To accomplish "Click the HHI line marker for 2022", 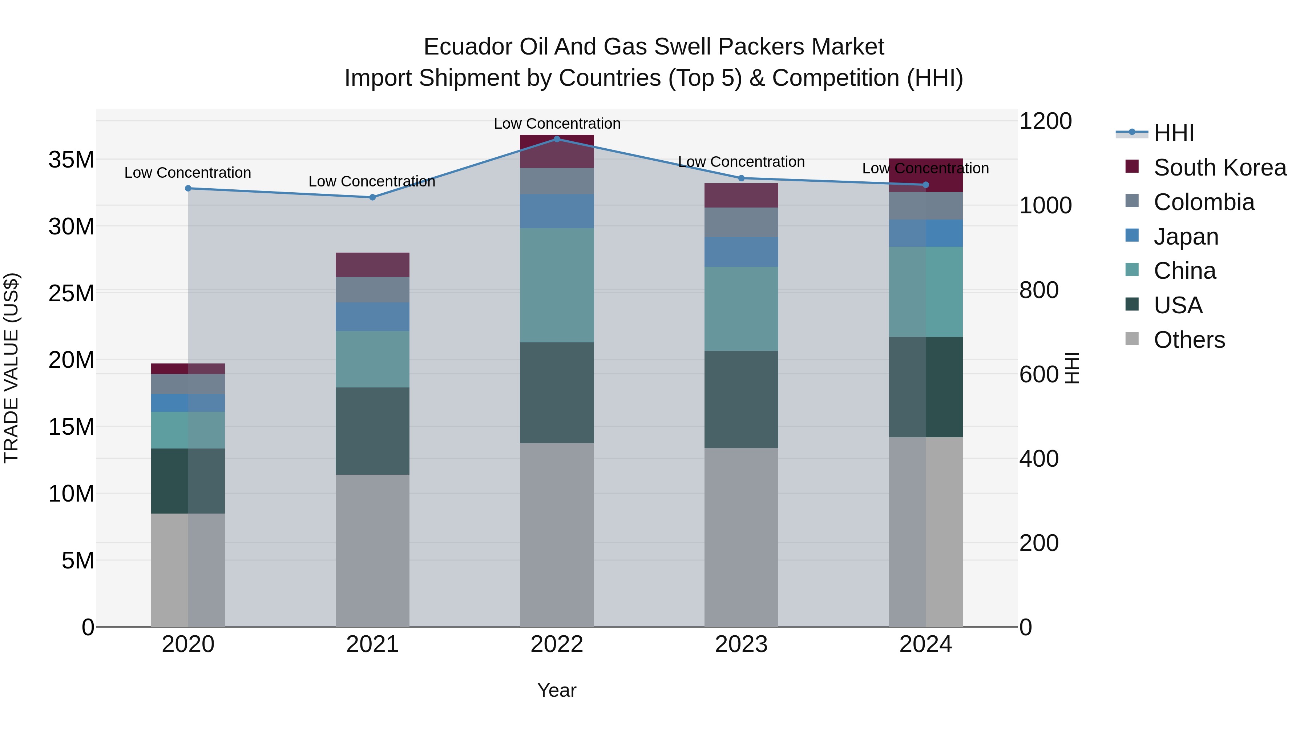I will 557,139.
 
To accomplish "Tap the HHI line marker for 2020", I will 188,188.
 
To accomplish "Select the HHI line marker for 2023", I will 741,178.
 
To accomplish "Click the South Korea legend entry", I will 1219,168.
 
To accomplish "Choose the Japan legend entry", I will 1185,237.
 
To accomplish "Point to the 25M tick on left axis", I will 71,293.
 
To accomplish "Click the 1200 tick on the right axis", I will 1045,121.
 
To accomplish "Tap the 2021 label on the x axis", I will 372,644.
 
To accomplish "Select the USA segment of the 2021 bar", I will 372,431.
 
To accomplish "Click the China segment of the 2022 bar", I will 557,285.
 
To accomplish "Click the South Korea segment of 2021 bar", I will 372,265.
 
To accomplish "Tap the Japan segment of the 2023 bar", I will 741,252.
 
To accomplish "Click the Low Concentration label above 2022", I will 557,124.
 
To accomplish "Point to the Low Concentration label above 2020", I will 188,173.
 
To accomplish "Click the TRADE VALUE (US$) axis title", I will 11,368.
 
